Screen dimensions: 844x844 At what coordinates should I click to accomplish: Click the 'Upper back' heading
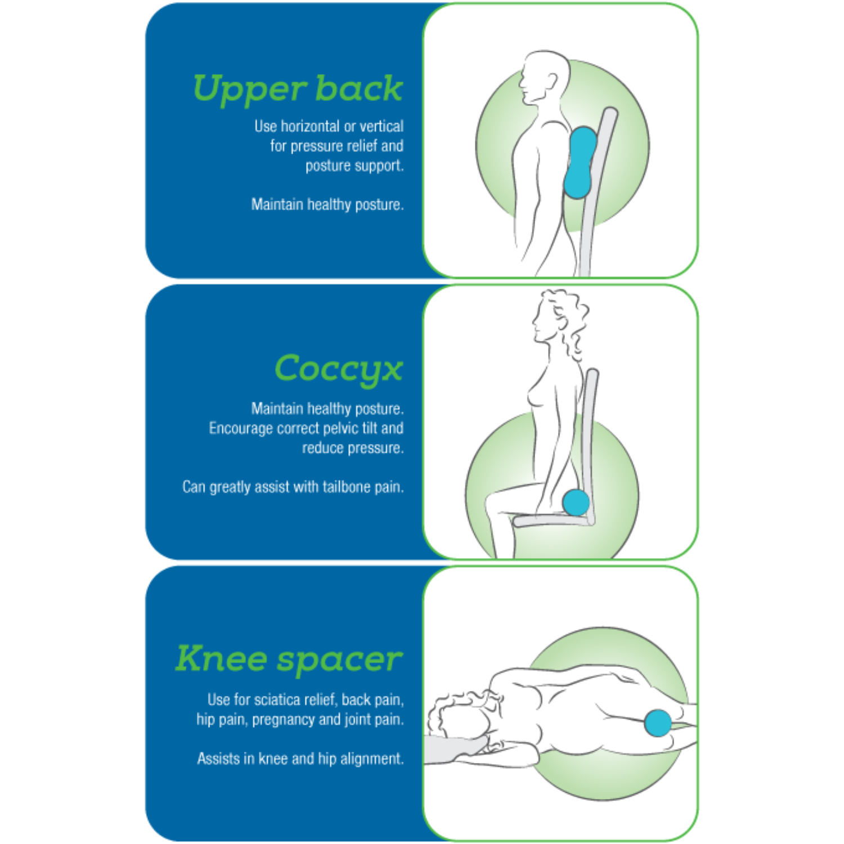tap(298, 89)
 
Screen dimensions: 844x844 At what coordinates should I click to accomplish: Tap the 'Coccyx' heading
tap(339, 370)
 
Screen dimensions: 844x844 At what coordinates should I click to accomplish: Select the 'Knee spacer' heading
tap(289, 659)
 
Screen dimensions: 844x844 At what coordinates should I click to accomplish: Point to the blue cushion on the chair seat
tap(576, 502)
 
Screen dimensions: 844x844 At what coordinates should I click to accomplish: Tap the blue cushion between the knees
tap(658, 723)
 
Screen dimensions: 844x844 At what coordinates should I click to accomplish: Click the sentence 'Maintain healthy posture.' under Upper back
tap(327, 204)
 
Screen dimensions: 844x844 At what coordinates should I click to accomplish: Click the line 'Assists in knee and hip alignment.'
tap(300, 758)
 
